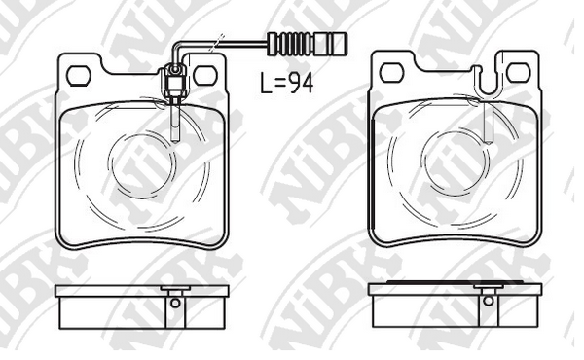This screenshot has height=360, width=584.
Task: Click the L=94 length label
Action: click(x=286, y=83)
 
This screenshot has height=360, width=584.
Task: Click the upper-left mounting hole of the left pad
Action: click(x=79, y=76)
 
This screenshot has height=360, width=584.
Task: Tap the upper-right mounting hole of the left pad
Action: click(x=204, y=75)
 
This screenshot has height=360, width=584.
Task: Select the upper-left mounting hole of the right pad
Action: click(x=392, y=73)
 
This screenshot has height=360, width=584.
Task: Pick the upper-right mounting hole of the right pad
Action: click(x=518, y=72)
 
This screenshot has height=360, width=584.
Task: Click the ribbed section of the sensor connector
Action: click(x=295, y=44)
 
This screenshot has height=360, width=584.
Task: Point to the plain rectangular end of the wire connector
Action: click(x=332, y=44)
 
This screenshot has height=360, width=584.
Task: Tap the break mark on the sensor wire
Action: click(x=217, y=43)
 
